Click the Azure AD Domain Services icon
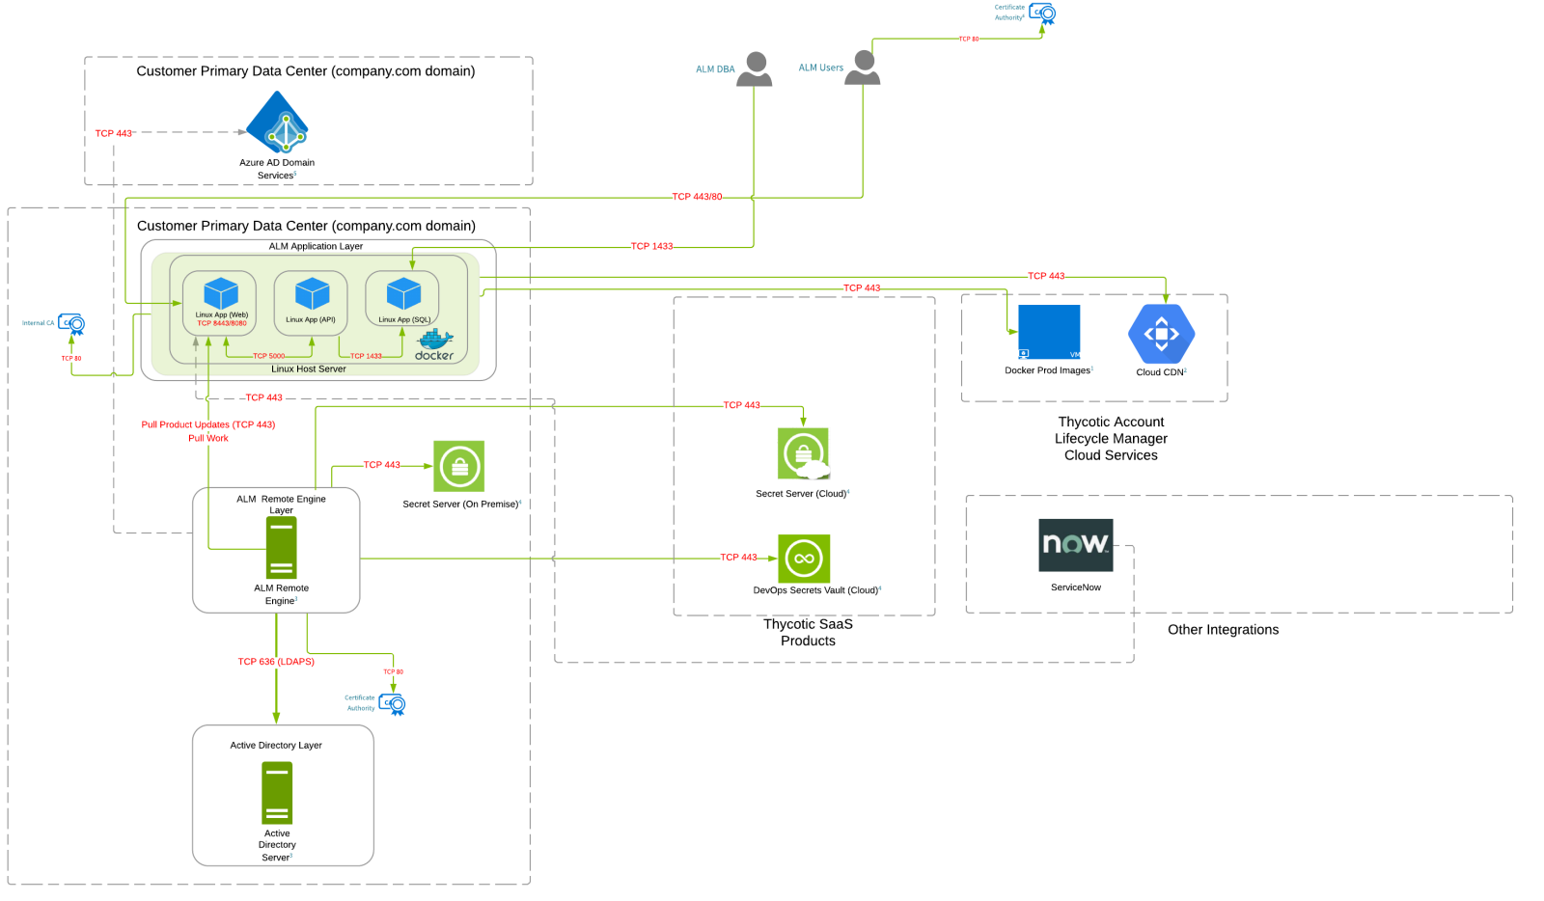[x=277, y=123]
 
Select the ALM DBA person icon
[x=755, y=69]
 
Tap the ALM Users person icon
[x=863, y=68]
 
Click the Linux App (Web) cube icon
[x=221, y=294]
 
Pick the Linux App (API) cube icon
[x=312, y=294]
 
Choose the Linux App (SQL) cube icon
[x=403, y=294]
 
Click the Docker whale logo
[x=434, y=343]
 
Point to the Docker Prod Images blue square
[x=1049, y=333]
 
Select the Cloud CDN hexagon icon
[x=1161, y=334]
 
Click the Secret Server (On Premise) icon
[x=458, y=467]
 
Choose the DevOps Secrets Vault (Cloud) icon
[x=804, y=559]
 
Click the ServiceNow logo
[x=1075, y=545]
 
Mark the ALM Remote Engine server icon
[x=281, y=547]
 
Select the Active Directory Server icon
[x=277, y=793]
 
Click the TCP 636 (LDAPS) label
[x=276, y=662]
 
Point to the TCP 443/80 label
[x=697, y=197]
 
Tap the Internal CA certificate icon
[x=71, y=324]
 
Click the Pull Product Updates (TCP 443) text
[x=208, y=424]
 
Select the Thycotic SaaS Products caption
[x=808, y=633]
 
